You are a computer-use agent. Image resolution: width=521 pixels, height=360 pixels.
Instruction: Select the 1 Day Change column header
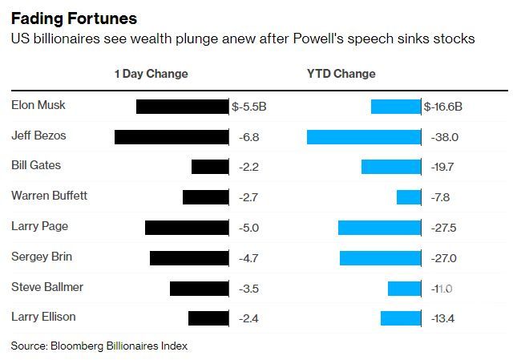[151, 74]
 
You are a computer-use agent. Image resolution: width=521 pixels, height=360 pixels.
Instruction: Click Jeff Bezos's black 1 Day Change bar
[172, 136]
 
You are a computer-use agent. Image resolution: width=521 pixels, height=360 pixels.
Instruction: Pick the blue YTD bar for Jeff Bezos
[364, 136]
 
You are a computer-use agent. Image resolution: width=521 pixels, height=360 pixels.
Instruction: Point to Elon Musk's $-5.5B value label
[249, 106]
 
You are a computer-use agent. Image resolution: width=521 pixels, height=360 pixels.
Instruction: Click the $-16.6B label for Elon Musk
[443, 106]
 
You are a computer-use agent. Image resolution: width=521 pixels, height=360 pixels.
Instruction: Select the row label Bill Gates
[36, 166]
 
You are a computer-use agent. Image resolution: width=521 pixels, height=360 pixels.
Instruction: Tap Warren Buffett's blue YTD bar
[409, 196]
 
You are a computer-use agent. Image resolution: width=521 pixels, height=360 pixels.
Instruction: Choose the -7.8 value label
[441, 196]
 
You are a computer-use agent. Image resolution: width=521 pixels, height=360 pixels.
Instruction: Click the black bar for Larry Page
[187, 227]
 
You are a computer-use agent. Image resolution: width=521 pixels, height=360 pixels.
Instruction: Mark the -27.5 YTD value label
[442, 228]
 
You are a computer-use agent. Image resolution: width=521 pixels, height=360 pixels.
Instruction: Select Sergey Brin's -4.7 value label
[248, 257]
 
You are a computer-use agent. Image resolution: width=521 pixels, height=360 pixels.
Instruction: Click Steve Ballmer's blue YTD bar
[404, 288]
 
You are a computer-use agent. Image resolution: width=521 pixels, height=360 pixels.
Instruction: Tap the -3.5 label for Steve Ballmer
[248, 288]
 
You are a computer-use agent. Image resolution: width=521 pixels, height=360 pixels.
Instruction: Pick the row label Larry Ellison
[43, 317]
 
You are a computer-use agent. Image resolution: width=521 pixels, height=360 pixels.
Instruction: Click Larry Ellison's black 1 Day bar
[208, 318]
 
